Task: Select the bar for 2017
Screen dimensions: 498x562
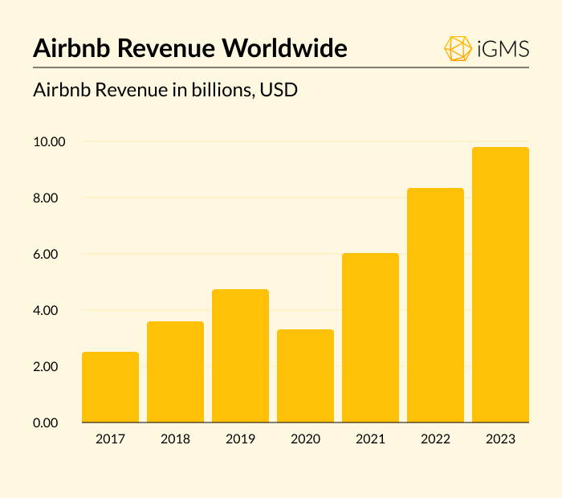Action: coord(110,387)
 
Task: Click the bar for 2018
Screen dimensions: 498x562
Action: coord(175,372)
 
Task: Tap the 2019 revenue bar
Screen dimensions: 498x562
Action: coord(240,356)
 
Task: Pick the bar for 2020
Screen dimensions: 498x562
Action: coord(305,376)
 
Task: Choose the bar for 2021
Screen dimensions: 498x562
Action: coord(370,337)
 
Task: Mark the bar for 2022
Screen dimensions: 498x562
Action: coord(435,305)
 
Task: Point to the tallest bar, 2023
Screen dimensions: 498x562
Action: coord(500,285)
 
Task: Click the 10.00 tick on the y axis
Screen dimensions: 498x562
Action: coord(47,142)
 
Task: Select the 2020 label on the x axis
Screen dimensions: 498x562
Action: coord(305,439)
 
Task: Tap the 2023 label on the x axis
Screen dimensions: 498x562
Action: coord(500,439)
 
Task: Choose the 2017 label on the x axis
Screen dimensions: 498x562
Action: coord(110,439)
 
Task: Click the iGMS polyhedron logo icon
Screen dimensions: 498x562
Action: coord(458,48)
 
